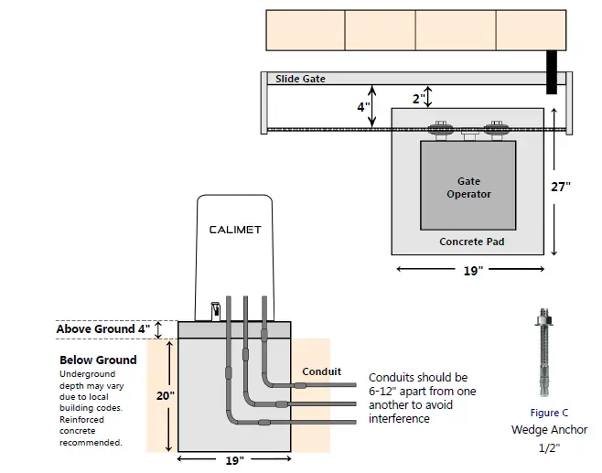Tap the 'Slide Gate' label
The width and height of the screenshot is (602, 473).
click(300, 80)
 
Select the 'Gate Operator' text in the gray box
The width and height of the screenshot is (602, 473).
click(468, 188)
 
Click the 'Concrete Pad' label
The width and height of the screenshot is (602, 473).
click(471, 242)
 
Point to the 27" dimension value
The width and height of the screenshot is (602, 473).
click(561, 186)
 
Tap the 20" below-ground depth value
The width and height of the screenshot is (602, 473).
click(160, 395)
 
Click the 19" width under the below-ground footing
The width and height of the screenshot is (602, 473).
click(234, 460)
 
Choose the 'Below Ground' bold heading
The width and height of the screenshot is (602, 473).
click(98, 360)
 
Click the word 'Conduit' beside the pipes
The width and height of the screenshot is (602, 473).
click(322, 371)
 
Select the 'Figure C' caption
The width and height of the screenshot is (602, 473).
click(549, 413)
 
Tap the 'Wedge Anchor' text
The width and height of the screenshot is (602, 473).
click(549, 429)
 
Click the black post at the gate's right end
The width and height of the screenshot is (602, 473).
click(552, 71)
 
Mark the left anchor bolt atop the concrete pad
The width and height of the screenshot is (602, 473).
click(441, 127)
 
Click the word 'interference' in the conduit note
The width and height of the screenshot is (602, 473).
click(399, 418)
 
